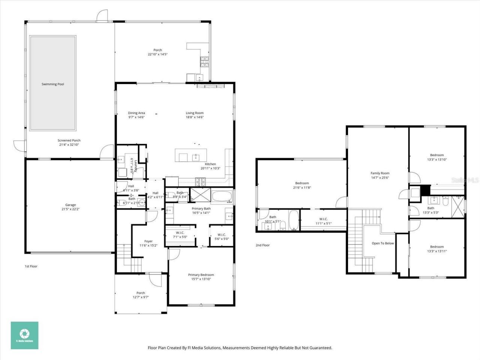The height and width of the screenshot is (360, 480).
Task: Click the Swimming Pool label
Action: (52, 84)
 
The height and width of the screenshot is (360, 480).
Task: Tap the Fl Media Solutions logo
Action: (24, 335)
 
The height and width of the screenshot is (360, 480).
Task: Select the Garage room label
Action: (70, 205)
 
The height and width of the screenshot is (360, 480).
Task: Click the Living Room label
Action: (195, 113)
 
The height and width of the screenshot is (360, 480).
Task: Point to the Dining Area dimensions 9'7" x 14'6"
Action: (136, 117)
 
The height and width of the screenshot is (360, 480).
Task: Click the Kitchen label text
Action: (210, 164)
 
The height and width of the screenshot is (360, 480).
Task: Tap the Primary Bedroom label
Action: (201, 275)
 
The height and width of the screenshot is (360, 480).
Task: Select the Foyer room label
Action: (148, 241)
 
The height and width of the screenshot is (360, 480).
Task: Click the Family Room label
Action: (380, 173)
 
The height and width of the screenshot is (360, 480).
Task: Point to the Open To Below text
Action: (383, 243)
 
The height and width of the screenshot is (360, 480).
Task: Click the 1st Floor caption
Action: (31, 266)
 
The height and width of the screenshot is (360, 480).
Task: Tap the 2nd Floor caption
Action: (262, 245)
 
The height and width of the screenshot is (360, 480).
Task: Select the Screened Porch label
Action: (69, 141)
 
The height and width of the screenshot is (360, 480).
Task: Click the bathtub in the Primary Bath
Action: (223, 196)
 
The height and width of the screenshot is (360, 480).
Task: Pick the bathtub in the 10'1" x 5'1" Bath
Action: (293, 220)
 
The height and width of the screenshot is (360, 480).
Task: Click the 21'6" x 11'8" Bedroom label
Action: (302, 183)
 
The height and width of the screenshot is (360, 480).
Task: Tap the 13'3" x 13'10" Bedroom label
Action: (437, 155)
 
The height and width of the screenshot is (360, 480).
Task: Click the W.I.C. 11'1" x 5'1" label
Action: (323, 219)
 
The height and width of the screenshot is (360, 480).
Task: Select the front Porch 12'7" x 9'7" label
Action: (141, 293)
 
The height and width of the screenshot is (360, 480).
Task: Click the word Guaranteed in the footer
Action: (320, 348)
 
